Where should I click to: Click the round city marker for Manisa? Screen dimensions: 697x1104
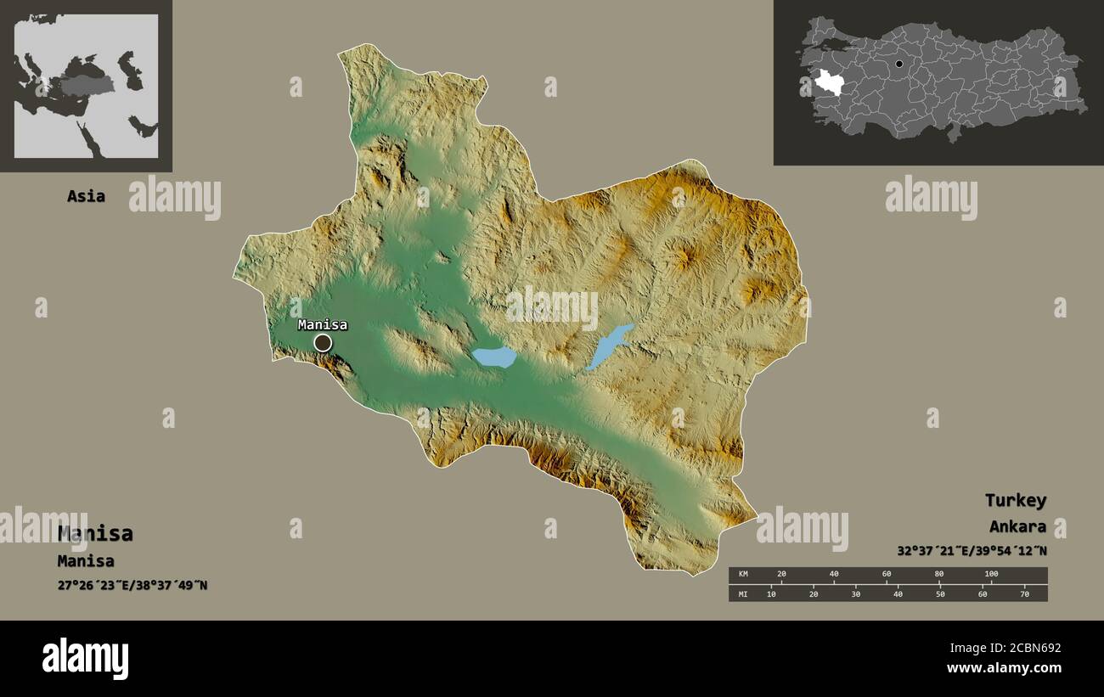[323, 342]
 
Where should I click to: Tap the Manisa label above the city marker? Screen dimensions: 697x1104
[322, 324]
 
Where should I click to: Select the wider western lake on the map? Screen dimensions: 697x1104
[493, 357]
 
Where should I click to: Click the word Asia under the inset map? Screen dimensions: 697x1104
[86, 196]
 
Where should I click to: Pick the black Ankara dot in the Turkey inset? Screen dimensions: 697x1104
[899, 64]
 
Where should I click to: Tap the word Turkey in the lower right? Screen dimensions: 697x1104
[1015, 500]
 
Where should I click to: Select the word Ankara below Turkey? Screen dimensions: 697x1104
[1017, 526]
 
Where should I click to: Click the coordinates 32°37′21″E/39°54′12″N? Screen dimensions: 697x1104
[972, 550]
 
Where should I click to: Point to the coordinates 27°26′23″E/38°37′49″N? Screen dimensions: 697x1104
[132, 585]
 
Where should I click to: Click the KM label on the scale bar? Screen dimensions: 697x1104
[743, 575]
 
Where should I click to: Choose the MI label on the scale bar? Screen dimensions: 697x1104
[743, 593]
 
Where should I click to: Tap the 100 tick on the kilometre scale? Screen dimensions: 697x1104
[991, 575]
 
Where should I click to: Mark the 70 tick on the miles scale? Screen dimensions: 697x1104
[1024, 593]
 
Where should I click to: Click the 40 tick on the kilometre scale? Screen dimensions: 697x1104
[834, 575]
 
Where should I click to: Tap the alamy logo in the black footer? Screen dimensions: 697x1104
[85, 659]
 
